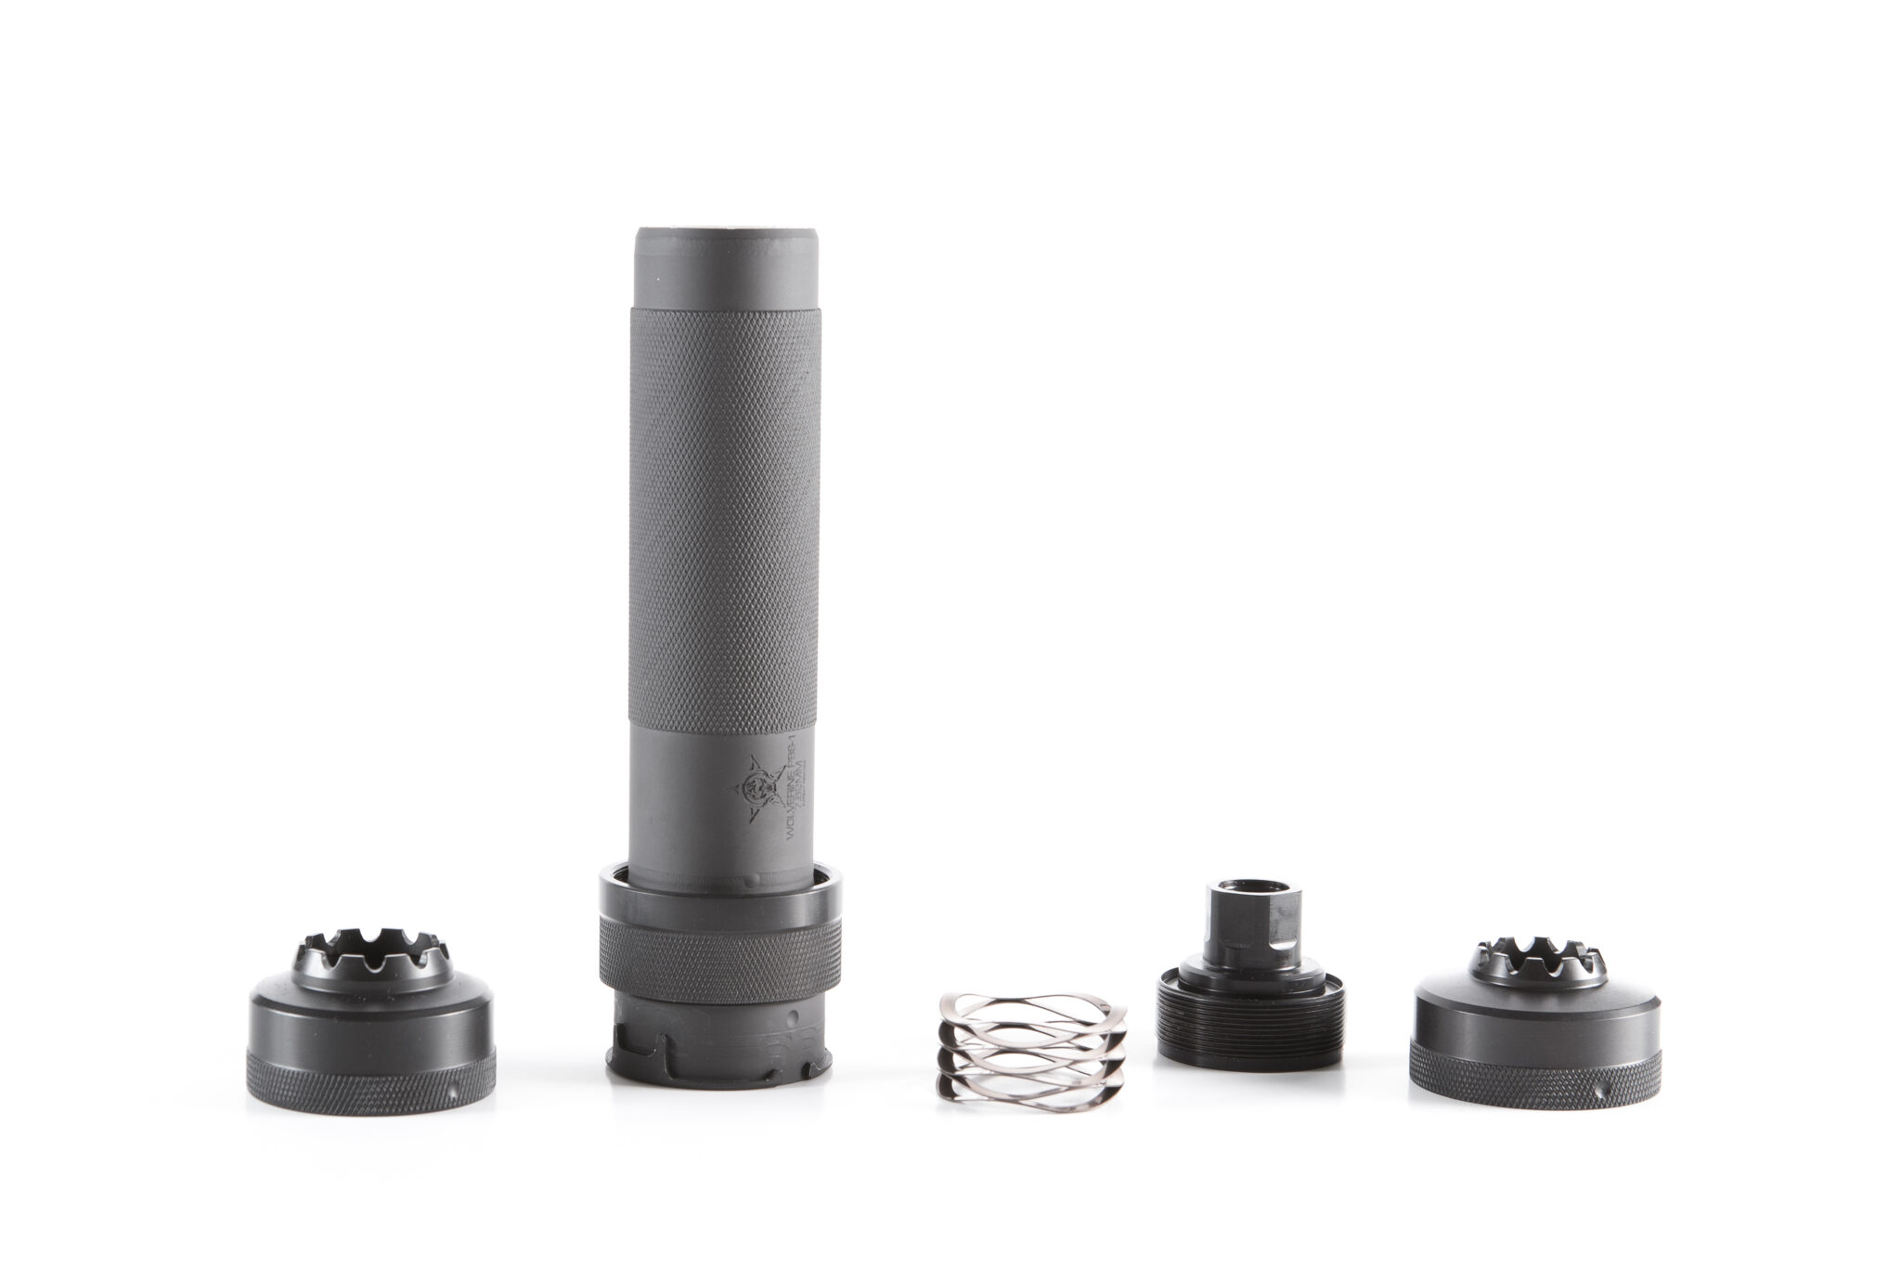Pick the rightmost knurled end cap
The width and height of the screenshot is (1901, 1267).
pos(1535,1030)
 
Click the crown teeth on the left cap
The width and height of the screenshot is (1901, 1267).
pos(371,947)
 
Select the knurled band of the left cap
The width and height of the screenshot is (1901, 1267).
pos(370,1081)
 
